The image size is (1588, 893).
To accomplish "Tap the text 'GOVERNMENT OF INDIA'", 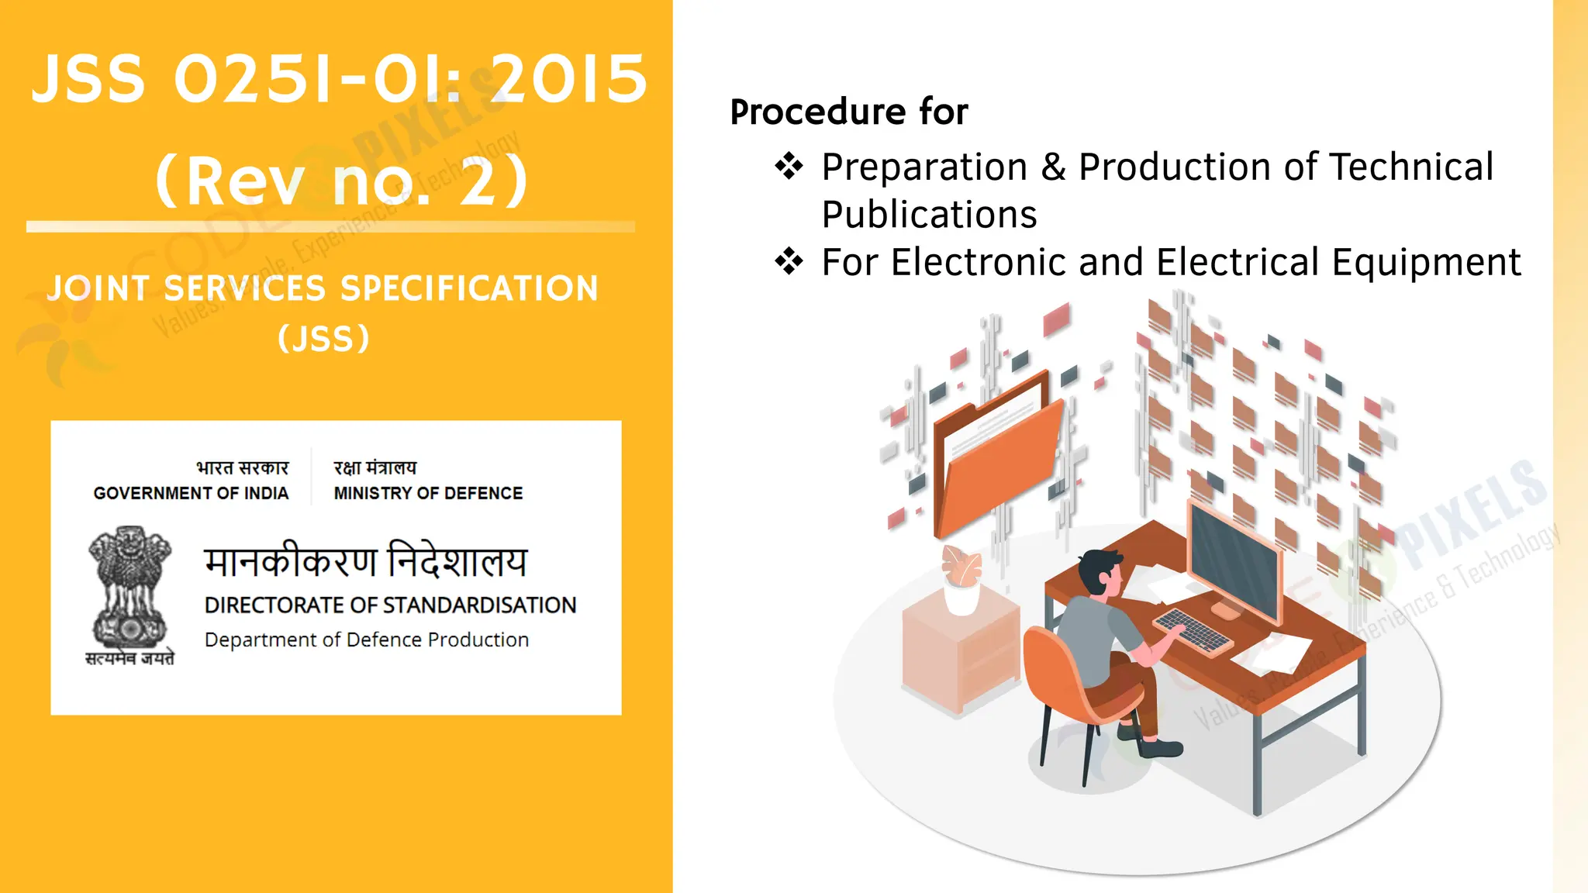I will click(191, 493).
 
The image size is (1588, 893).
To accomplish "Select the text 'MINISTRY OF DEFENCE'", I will click(428, 493).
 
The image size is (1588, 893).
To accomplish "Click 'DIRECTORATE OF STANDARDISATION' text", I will click(390, 605).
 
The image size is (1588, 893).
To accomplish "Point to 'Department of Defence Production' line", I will click(367, 640).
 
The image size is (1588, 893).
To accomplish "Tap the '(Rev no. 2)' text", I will click(341, 181).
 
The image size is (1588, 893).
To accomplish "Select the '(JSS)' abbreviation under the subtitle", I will click(323, 339).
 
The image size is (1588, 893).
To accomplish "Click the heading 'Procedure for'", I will click(849, 112).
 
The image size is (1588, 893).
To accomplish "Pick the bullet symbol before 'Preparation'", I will click(789, 167).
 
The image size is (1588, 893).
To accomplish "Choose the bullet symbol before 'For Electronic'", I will click(789, 261).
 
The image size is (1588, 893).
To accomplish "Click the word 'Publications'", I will click(929, 215).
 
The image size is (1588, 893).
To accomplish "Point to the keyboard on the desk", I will click(1192, 630).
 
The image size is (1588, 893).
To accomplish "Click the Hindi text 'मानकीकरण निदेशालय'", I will click(365, 561).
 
